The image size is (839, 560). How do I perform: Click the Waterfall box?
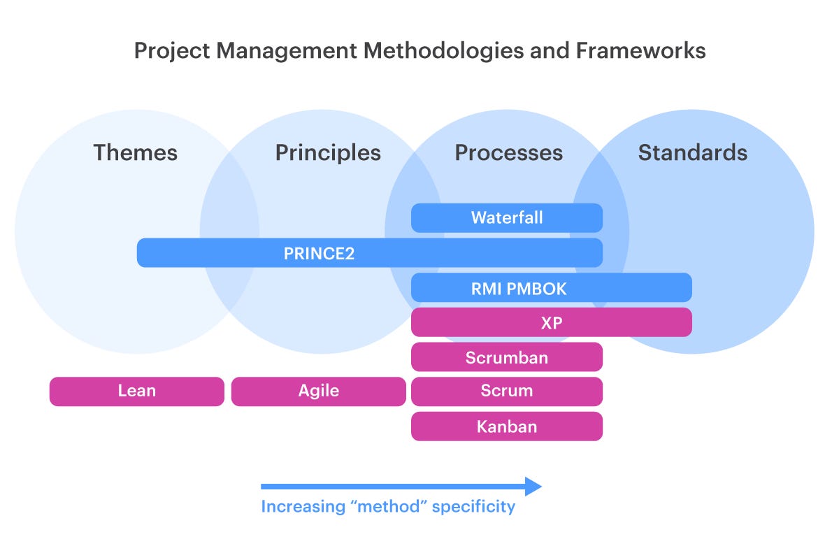(506, 217)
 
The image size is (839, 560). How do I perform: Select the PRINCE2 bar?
(369, 252)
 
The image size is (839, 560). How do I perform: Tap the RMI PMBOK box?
(551, 287)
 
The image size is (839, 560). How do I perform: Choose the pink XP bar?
(551, 322)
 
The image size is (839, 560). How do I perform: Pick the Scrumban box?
(506, 357)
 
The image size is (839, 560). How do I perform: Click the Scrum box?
(506, 392)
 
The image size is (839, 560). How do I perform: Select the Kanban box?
(506, 426)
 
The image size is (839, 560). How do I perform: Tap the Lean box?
(136, 392)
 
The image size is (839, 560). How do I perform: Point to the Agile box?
(318, 392)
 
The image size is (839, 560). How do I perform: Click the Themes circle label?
(135, 152)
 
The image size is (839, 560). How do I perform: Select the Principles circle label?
(328, 152)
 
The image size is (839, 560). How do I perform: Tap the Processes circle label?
(508, 152)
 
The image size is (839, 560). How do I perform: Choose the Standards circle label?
(692, 152)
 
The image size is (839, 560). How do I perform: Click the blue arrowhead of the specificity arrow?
(534, 487)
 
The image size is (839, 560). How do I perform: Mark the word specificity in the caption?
(473, 507)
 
